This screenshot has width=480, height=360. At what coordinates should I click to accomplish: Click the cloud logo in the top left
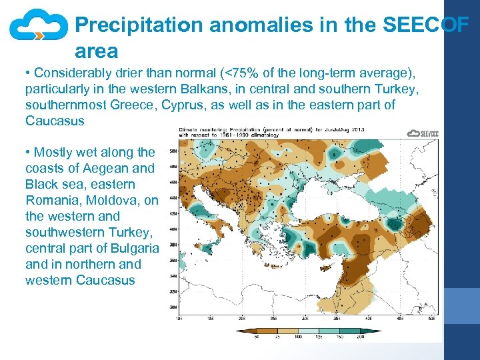39,27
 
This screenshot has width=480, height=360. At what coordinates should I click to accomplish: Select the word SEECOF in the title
425,25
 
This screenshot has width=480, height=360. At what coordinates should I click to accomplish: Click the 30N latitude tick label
173,307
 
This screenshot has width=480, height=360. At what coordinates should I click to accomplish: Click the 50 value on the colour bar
257,337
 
